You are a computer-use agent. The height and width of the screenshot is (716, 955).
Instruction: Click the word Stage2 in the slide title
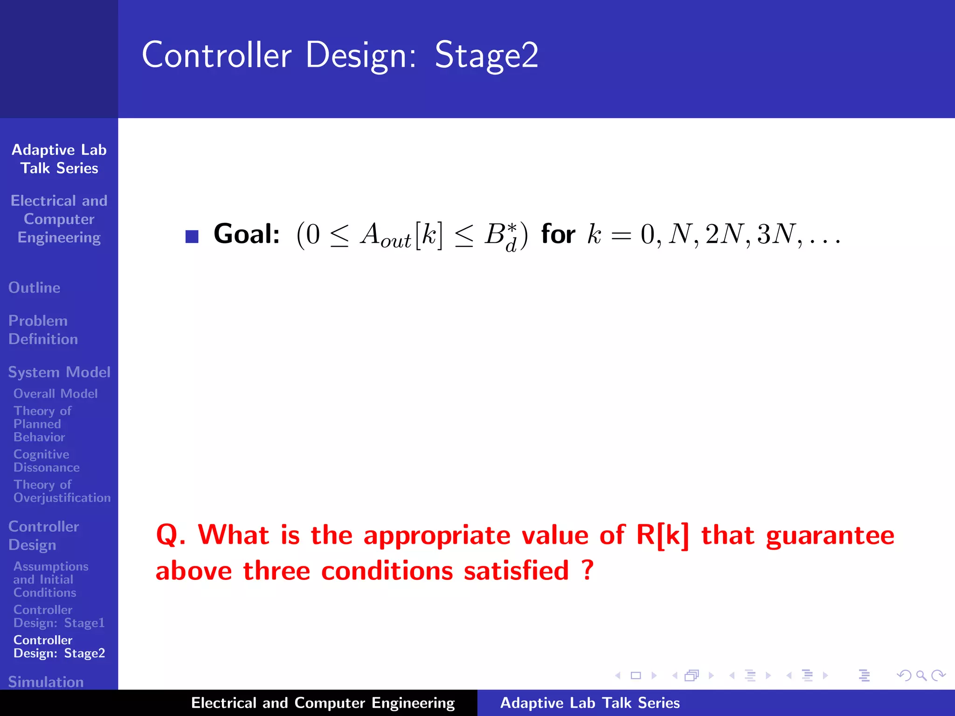(x=486, y=55)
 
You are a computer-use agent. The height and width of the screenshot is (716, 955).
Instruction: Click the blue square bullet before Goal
(x=192, y=236)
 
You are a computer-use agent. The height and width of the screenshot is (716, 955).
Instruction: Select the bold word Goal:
(x=246, y=234)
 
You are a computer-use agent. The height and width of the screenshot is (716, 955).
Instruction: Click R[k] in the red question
(x=662, y=535)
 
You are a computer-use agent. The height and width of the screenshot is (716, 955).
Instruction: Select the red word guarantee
(x=830, y=536)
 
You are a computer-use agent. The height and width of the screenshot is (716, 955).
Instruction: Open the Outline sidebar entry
(x=34, y=288)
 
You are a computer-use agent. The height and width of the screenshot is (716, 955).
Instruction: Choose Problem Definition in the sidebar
(x=43, y=330)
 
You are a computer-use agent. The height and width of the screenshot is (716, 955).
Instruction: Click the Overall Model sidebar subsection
(x=55, y=393)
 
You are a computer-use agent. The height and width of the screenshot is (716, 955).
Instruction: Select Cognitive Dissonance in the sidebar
(x=46, y=461)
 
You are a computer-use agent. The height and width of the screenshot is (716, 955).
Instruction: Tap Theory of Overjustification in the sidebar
(x=62, y=491)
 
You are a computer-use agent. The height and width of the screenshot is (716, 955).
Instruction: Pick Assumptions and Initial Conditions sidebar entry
(x=50, y=579)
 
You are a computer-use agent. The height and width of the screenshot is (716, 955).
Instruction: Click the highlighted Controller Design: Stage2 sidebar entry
(x=59, y=646)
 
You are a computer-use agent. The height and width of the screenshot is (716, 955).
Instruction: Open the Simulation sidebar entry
(x=46, y=682)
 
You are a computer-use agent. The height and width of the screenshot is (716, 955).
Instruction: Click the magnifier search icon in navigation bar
(x=921, y=675)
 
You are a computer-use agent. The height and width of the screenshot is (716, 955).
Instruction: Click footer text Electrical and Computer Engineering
(x=323, y=703)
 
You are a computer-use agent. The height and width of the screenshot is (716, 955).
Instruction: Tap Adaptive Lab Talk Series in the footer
(x=590, y=703)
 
